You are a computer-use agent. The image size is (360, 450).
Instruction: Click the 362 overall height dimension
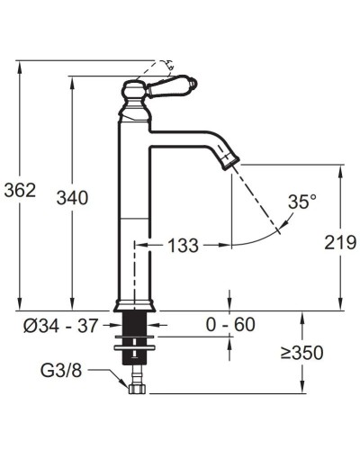(x=20, y=190)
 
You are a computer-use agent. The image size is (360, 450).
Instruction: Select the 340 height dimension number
(x=72, y=198)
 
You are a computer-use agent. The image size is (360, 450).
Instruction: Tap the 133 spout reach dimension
(x=183, y=246)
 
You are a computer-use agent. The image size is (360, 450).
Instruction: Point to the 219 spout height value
(x=340, y=242)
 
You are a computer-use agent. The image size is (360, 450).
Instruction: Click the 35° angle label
(x=302, y=202)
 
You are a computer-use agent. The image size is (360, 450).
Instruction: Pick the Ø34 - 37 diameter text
(x=61, y=326)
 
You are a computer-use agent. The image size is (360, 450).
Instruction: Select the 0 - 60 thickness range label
(x=230, y=324)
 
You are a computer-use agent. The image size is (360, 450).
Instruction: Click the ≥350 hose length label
(x=302, y=353)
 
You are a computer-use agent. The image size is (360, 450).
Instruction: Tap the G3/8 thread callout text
(x=61, y=371)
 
